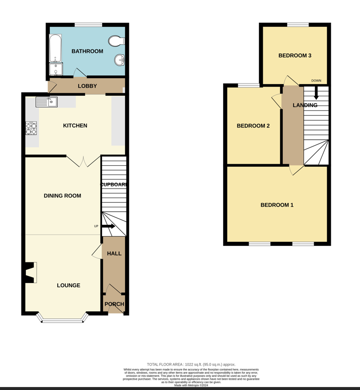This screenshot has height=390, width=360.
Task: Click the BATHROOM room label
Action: pos(87,51)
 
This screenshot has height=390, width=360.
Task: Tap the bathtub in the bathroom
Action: pos(55,48)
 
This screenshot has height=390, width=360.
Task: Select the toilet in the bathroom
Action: pos(117,41)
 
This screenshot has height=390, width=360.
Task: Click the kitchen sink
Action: pos(53,102)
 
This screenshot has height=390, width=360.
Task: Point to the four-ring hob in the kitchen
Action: pos(31,128)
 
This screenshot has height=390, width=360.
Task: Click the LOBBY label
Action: pos(87,86)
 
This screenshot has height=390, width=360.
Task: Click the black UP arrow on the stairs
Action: pos(109,226)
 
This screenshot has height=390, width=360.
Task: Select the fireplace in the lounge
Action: pos(30,273)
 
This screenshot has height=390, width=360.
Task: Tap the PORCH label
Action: pos(114,304)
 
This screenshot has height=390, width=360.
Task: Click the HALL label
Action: pos(114,254)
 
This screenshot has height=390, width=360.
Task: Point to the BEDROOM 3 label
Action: pos(295,56)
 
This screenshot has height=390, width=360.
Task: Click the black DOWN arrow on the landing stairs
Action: pos(316,93)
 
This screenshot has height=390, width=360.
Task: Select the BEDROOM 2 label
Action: pos(253,126)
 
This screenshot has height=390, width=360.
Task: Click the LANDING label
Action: pos(305,105)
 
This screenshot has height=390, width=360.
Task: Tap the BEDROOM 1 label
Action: pos(277,205)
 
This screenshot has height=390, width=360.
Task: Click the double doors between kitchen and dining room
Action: pos(84,161)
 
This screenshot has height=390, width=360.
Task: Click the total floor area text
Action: pos(191,364)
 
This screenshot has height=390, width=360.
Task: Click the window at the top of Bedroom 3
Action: pos(297,24)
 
